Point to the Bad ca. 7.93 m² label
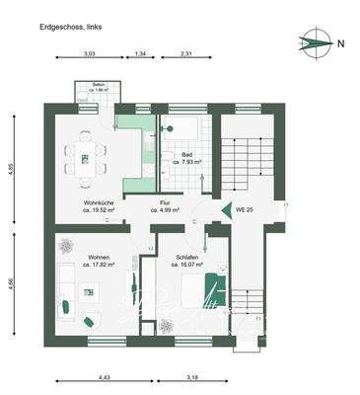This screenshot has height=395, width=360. [x=186, y=158]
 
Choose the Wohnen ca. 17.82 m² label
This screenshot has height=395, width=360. [x=97, y=261]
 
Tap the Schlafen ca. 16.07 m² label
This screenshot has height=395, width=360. [x=187, y=261]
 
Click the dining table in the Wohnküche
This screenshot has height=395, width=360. [x=87, y=158]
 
